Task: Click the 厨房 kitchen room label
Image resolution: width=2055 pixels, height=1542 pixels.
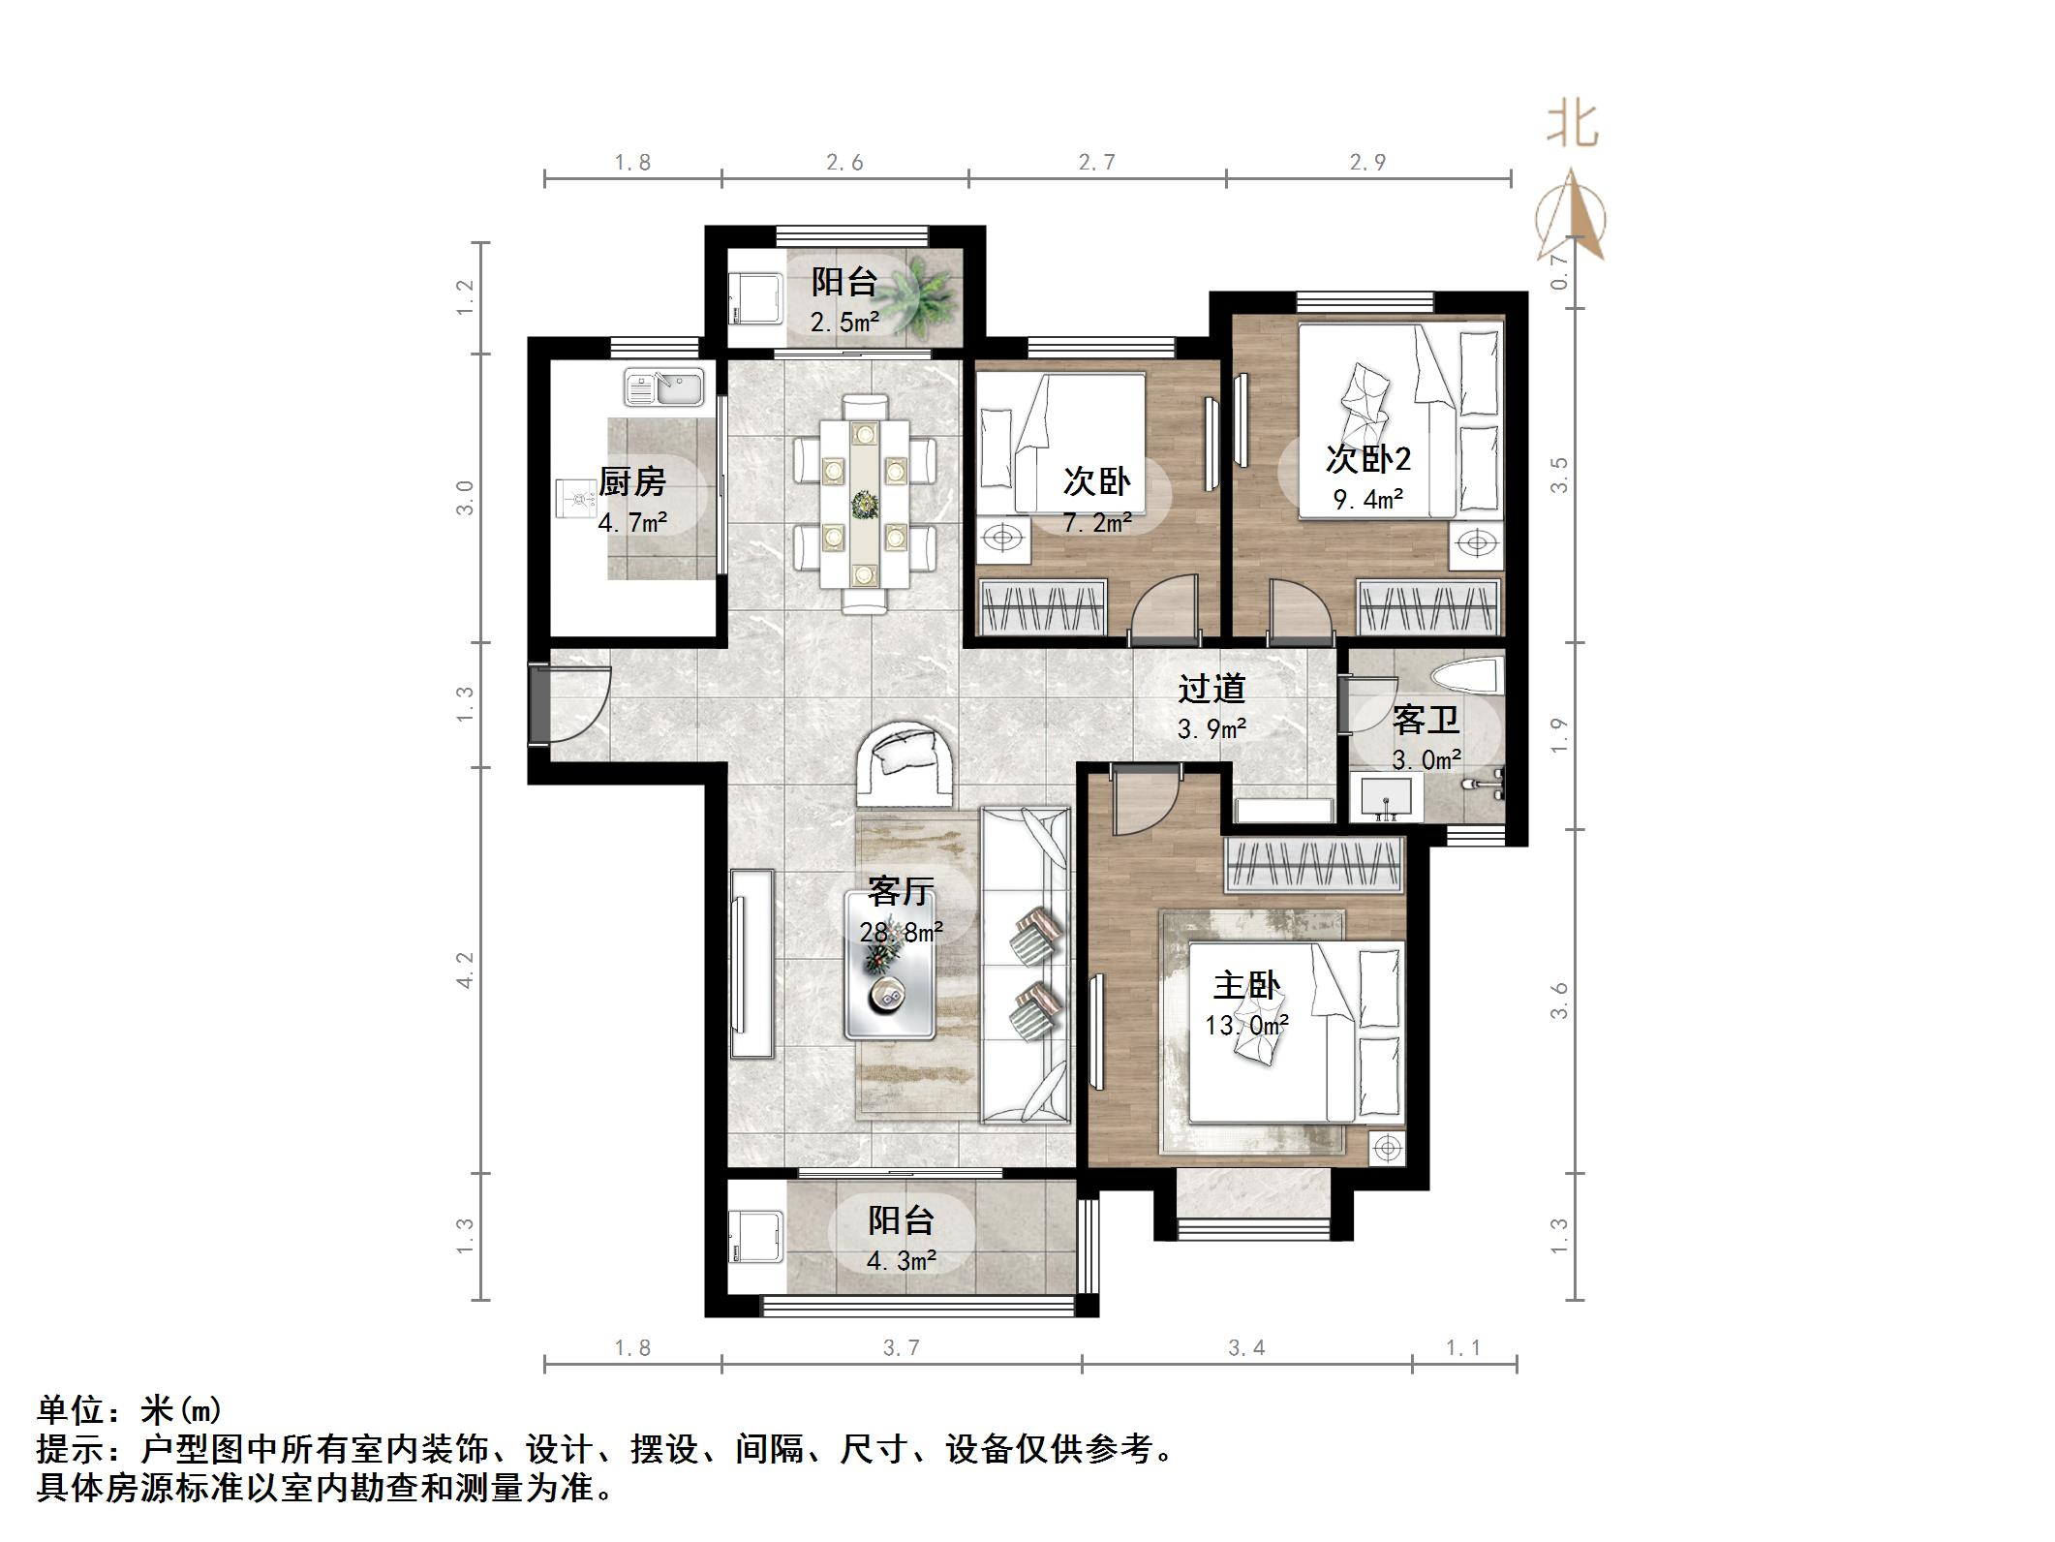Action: [631, 480]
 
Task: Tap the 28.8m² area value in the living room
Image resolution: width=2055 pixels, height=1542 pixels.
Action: [901, 933]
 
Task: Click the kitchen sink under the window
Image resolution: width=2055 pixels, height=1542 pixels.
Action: [664, 386]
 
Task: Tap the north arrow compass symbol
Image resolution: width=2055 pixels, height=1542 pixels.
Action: [1571, 217]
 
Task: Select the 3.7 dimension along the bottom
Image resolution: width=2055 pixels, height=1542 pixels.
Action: [901, 1347]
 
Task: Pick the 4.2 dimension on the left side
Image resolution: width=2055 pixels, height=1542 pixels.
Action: [466, 970]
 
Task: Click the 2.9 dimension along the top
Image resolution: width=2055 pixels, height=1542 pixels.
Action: [1367, 163]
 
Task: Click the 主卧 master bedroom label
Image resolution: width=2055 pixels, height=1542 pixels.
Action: [1246, 987]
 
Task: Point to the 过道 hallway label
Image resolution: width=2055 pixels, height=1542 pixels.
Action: [1211, 689]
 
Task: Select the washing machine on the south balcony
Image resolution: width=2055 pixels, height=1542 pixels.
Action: [756, 1236]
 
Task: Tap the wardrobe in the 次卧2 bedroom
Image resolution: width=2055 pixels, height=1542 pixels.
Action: [1427, 607]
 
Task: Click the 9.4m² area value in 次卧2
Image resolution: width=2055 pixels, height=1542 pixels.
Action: [1367, 500]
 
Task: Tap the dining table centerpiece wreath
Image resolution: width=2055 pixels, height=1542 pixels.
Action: [861, 503]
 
